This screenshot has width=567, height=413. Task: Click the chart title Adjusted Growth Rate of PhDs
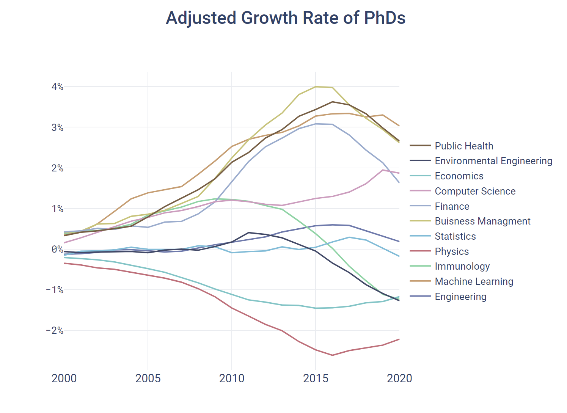click(286, 18)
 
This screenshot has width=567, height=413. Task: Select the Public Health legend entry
click(464, 146)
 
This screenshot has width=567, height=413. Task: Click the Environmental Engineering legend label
click(493, 161)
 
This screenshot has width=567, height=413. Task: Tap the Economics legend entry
click(459, 176)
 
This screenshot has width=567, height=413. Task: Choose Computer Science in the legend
click(475, 191)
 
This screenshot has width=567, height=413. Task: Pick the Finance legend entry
click(452, 206)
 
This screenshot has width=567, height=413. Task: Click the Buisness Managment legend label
click(482, 221)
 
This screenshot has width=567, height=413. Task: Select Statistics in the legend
click(455, 236)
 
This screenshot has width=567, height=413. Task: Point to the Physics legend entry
click(452, 251)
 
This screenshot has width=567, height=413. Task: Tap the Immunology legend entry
click(462, 266)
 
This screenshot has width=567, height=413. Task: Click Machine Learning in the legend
click(474, 281)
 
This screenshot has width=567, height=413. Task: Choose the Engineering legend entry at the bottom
click(460, 297)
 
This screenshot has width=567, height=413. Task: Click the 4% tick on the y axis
click(57, 87)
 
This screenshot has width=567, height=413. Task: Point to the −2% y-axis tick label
click(55, 330)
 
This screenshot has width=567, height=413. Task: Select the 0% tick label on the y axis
click(57, 249)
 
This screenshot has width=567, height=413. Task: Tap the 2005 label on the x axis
click(148, 378)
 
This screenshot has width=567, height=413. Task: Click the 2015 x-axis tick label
click(316, 378)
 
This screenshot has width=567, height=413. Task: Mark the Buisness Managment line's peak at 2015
click(316, 87)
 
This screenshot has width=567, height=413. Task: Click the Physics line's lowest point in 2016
click(332, 355)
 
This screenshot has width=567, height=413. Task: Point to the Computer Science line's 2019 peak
click(383, 170)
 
